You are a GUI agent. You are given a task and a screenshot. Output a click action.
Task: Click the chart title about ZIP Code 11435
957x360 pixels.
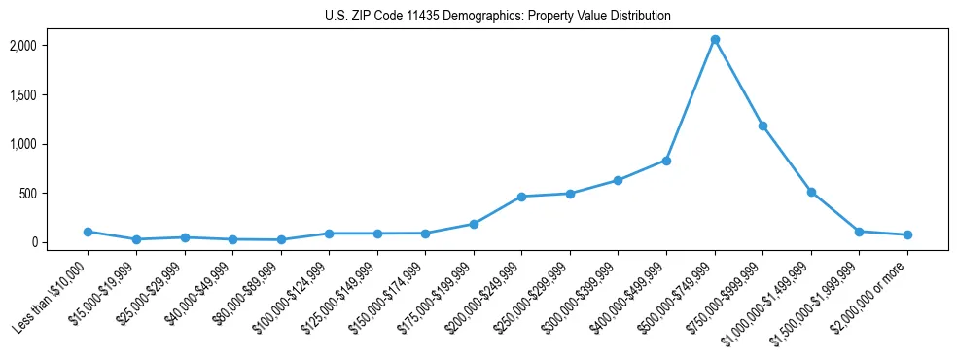(x=498, y=16)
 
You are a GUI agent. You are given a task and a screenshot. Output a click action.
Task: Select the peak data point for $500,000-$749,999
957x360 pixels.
(x=715, y=40)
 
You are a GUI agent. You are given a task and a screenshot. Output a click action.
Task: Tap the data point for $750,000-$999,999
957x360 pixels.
(x=762, y=126)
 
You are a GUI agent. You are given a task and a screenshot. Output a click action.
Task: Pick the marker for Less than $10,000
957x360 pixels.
(x=88, y=232)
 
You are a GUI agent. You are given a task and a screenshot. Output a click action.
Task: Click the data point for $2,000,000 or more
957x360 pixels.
(x=907, y=234)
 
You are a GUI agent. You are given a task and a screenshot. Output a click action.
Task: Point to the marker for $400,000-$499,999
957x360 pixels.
(x=666, y=161)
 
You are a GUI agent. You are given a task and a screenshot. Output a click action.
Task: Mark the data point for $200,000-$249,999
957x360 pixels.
(x=521, y=197)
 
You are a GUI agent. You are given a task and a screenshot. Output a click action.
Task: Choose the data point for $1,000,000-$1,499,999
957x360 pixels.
(x=811, y=192)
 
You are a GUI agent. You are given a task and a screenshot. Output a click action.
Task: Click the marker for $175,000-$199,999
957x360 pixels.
(x=474, y=224)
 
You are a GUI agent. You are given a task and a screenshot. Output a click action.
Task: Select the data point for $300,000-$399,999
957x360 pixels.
(x=618, y=180)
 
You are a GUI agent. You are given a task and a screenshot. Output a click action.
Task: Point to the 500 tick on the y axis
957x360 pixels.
(x=56, y=194)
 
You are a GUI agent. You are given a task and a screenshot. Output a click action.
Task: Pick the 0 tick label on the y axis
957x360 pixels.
(x=61, y=242)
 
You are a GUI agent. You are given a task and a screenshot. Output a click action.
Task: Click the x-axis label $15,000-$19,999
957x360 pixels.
(x=109, y=288)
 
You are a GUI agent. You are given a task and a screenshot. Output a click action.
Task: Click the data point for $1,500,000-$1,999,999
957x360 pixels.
(x=859, y=232)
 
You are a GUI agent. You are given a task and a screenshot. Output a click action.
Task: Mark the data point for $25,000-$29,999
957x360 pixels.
(x=184, y=237)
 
